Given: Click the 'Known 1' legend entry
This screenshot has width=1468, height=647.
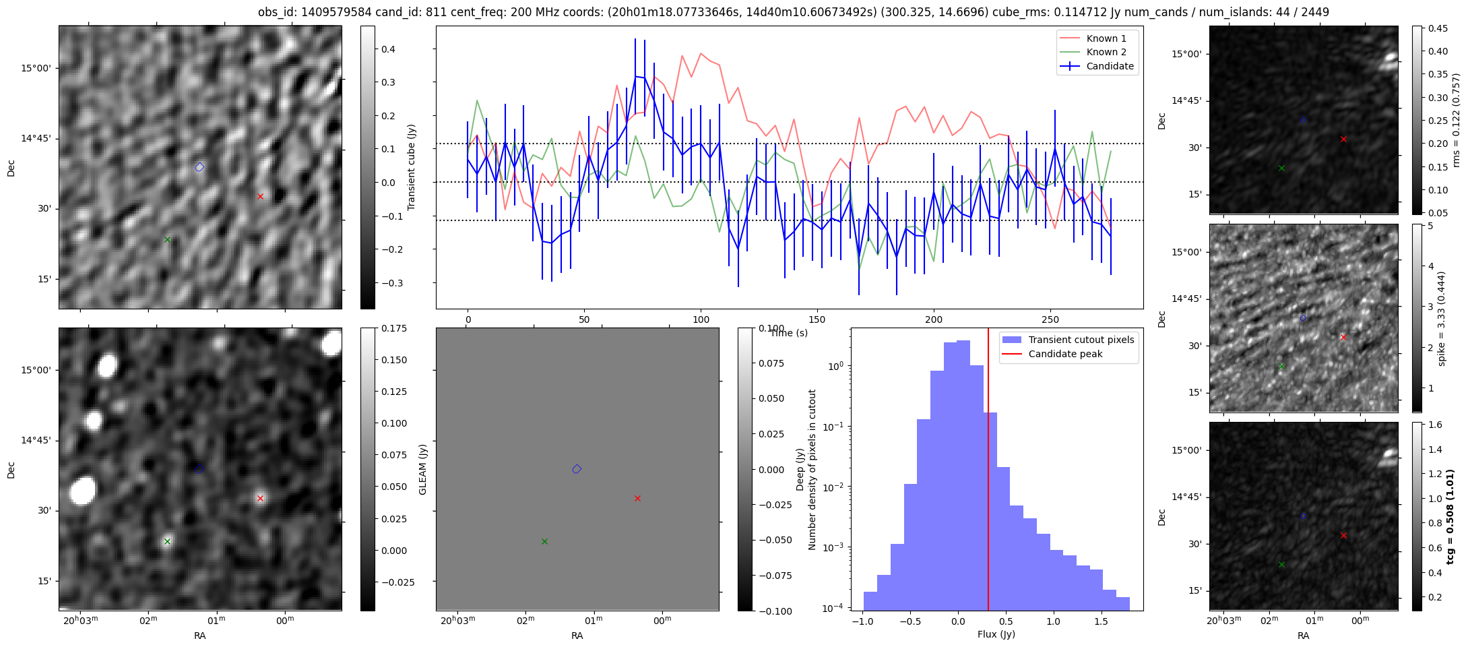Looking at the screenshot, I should pyautogui.click(x=1106, y=38).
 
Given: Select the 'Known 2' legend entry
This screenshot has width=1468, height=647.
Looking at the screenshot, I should pyautogui.click(x=1106, y=52).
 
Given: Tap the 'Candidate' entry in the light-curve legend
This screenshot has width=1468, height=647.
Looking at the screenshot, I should pyautogui.click(x=1110, y=66).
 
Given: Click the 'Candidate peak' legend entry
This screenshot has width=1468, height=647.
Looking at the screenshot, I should pyautogui.click(x=1065, y=354).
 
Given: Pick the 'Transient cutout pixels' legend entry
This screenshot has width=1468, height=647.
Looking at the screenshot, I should pyautogui.click(x=1081, y=340).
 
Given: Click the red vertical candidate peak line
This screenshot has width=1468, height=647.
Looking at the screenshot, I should pyautogui.click(x=988, y=472).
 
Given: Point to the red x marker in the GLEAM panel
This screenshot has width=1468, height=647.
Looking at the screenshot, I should pyautogui.click(x=637, y=498).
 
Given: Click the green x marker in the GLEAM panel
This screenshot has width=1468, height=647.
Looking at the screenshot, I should pyautogui.click(x=544, y=541).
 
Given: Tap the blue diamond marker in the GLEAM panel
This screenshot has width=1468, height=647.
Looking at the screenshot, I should pyautogui.click(x=577, y=469).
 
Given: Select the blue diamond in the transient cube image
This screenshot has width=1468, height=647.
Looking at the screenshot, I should pyautogui.click(x=199, y=167).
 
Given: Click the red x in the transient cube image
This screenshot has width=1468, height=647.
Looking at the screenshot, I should pyautogui.click(x=260, y=196).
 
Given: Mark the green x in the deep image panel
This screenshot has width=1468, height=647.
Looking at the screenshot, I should pyautogui.click(x=167, y=541).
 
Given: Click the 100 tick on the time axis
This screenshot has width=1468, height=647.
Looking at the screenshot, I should pyautogui.click(x=701, y=319).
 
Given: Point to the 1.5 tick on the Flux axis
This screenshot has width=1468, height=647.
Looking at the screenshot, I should pyautogui.click(x=1101, y=621).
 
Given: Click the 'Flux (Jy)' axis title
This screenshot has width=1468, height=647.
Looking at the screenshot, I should pyautogui.click(x=996, y=634).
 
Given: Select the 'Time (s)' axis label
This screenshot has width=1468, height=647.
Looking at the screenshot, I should pyautogui.click(x=789, y=333).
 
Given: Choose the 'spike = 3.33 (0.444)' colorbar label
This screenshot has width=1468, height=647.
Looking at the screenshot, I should pyautogui.click(x=1441, y=318).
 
